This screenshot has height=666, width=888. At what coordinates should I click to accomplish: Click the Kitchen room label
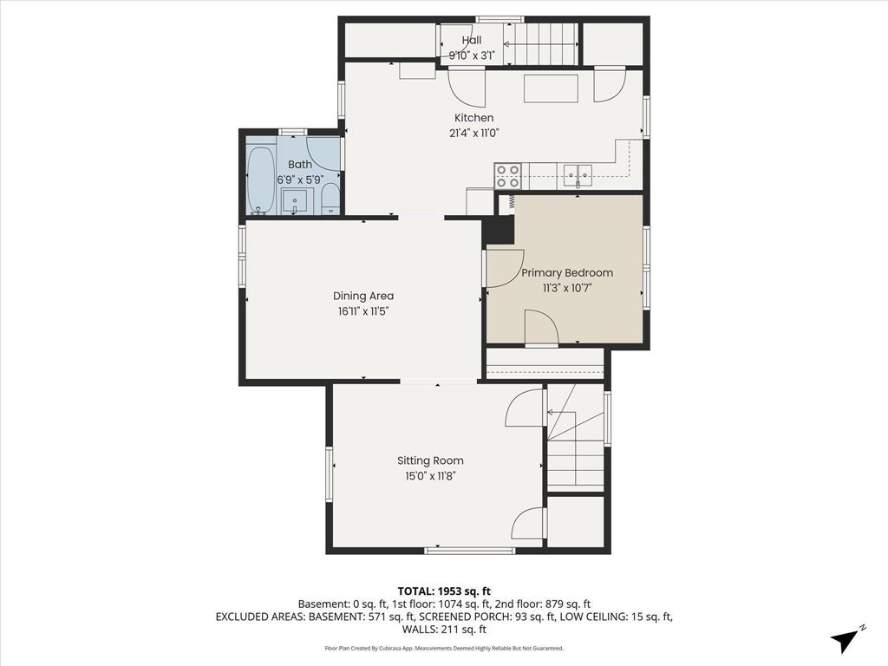(x=474, y=118)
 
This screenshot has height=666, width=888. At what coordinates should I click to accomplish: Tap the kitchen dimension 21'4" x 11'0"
(x=474, y=133)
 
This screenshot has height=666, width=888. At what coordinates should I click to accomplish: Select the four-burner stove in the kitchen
(x=507, y=176)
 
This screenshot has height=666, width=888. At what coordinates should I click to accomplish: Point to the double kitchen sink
(x=577, y=175)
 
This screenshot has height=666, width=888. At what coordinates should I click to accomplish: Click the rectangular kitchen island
(x=551, y=89)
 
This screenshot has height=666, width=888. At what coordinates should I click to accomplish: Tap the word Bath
(x=300, y=165)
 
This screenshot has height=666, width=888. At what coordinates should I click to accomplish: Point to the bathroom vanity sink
(x=297, y=202)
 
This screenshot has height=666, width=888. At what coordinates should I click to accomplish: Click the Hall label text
(x=472, y=40)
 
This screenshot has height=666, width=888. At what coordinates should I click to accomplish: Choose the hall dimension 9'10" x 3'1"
(x=472, y=55)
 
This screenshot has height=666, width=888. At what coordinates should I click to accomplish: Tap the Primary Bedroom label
(x=567, y=272)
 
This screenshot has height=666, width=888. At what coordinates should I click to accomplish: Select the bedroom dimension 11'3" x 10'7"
(x=567, y=287)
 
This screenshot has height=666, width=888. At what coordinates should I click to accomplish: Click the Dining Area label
(x=363, y=296)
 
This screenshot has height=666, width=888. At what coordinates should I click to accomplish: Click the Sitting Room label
(x=430, y=460)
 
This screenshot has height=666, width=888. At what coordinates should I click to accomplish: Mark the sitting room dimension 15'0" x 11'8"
(x=430, y=475)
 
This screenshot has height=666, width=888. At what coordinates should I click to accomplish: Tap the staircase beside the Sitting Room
(x=575, y=438)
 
